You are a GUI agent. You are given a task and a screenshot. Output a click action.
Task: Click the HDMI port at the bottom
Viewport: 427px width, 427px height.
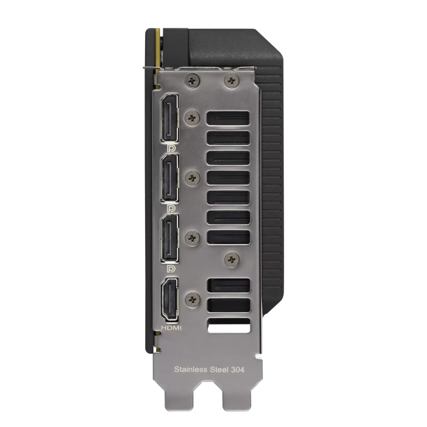[170, 300]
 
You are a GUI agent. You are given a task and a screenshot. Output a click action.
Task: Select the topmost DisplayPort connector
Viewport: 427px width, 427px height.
[170, 118]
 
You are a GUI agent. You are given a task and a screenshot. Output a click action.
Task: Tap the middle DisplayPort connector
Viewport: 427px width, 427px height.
[170, 178]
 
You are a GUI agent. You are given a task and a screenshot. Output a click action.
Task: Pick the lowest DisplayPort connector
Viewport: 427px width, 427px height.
[170, 239]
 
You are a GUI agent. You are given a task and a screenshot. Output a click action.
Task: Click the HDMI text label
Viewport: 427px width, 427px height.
[171, 328]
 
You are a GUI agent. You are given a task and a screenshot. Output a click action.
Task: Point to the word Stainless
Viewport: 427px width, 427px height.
[190, 370]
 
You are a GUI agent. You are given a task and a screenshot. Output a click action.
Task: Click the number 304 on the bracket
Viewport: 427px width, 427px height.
[237, 370]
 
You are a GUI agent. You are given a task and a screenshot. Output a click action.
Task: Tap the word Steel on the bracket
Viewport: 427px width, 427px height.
[219, 370]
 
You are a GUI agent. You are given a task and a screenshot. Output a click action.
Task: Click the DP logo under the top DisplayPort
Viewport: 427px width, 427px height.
[171, 148]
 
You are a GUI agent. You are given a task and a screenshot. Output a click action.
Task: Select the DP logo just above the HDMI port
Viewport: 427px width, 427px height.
[171, 269]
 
